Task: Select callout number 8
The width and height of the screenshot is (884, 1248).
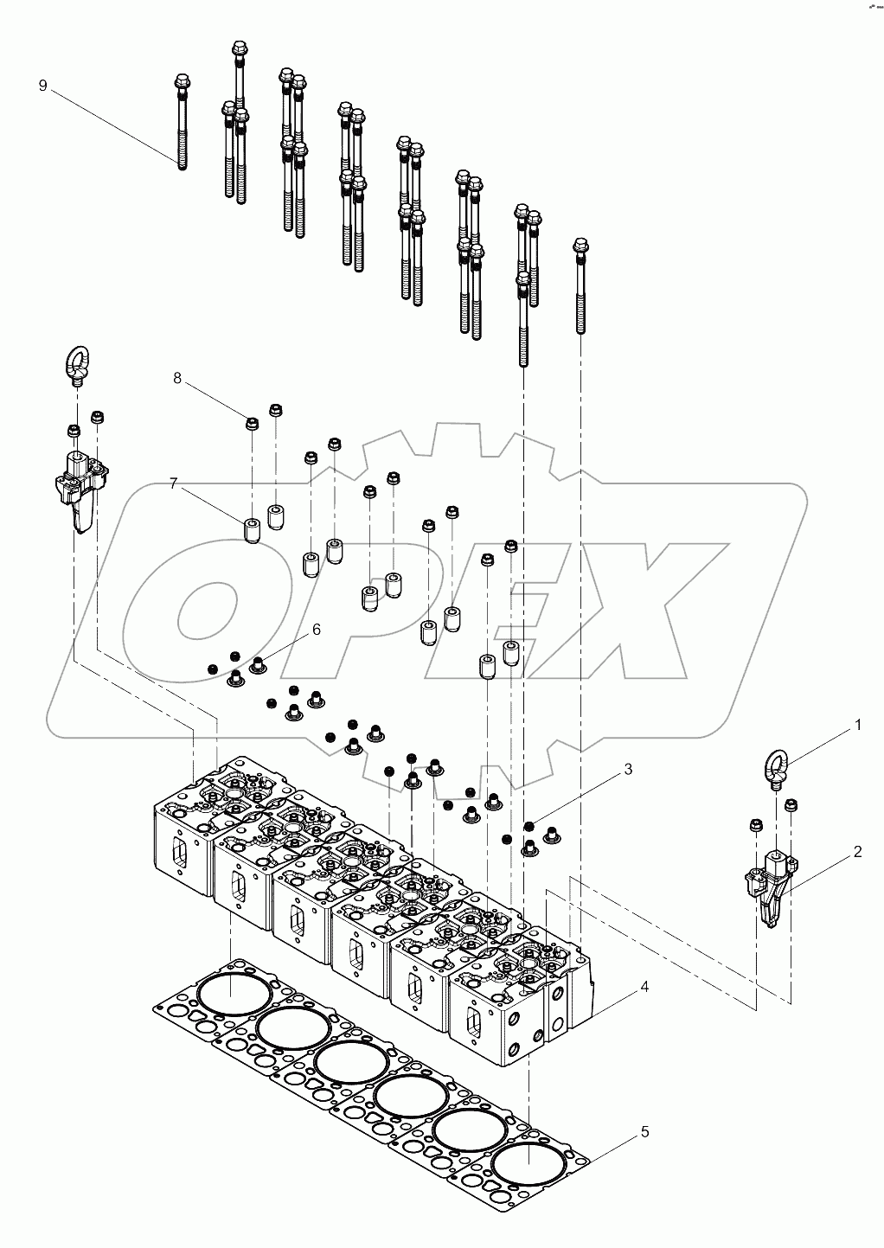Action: [176, 378]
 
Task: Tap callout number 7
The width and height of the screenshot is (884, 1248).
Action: [173, 483]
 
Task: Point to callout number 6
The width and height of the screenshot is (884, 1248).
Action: [316, 630]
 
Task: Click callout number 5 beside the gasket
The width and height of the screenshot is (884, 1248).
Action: [644, 1131]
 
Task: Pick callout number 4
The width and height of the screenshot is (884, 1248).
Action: [644, 986]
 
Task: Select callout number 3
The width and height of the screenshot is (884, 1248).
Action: [629, 768]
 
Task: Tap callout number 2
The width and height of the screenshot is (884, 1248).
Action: [857, 852]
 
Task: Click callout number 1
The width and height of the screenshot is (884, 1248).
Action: [857, 726]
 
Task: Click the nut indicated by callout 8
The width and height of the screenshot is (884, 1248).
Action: [253, 423]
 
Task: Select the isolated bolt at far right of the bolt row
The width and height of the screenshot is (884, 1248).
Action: [580, 285]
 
